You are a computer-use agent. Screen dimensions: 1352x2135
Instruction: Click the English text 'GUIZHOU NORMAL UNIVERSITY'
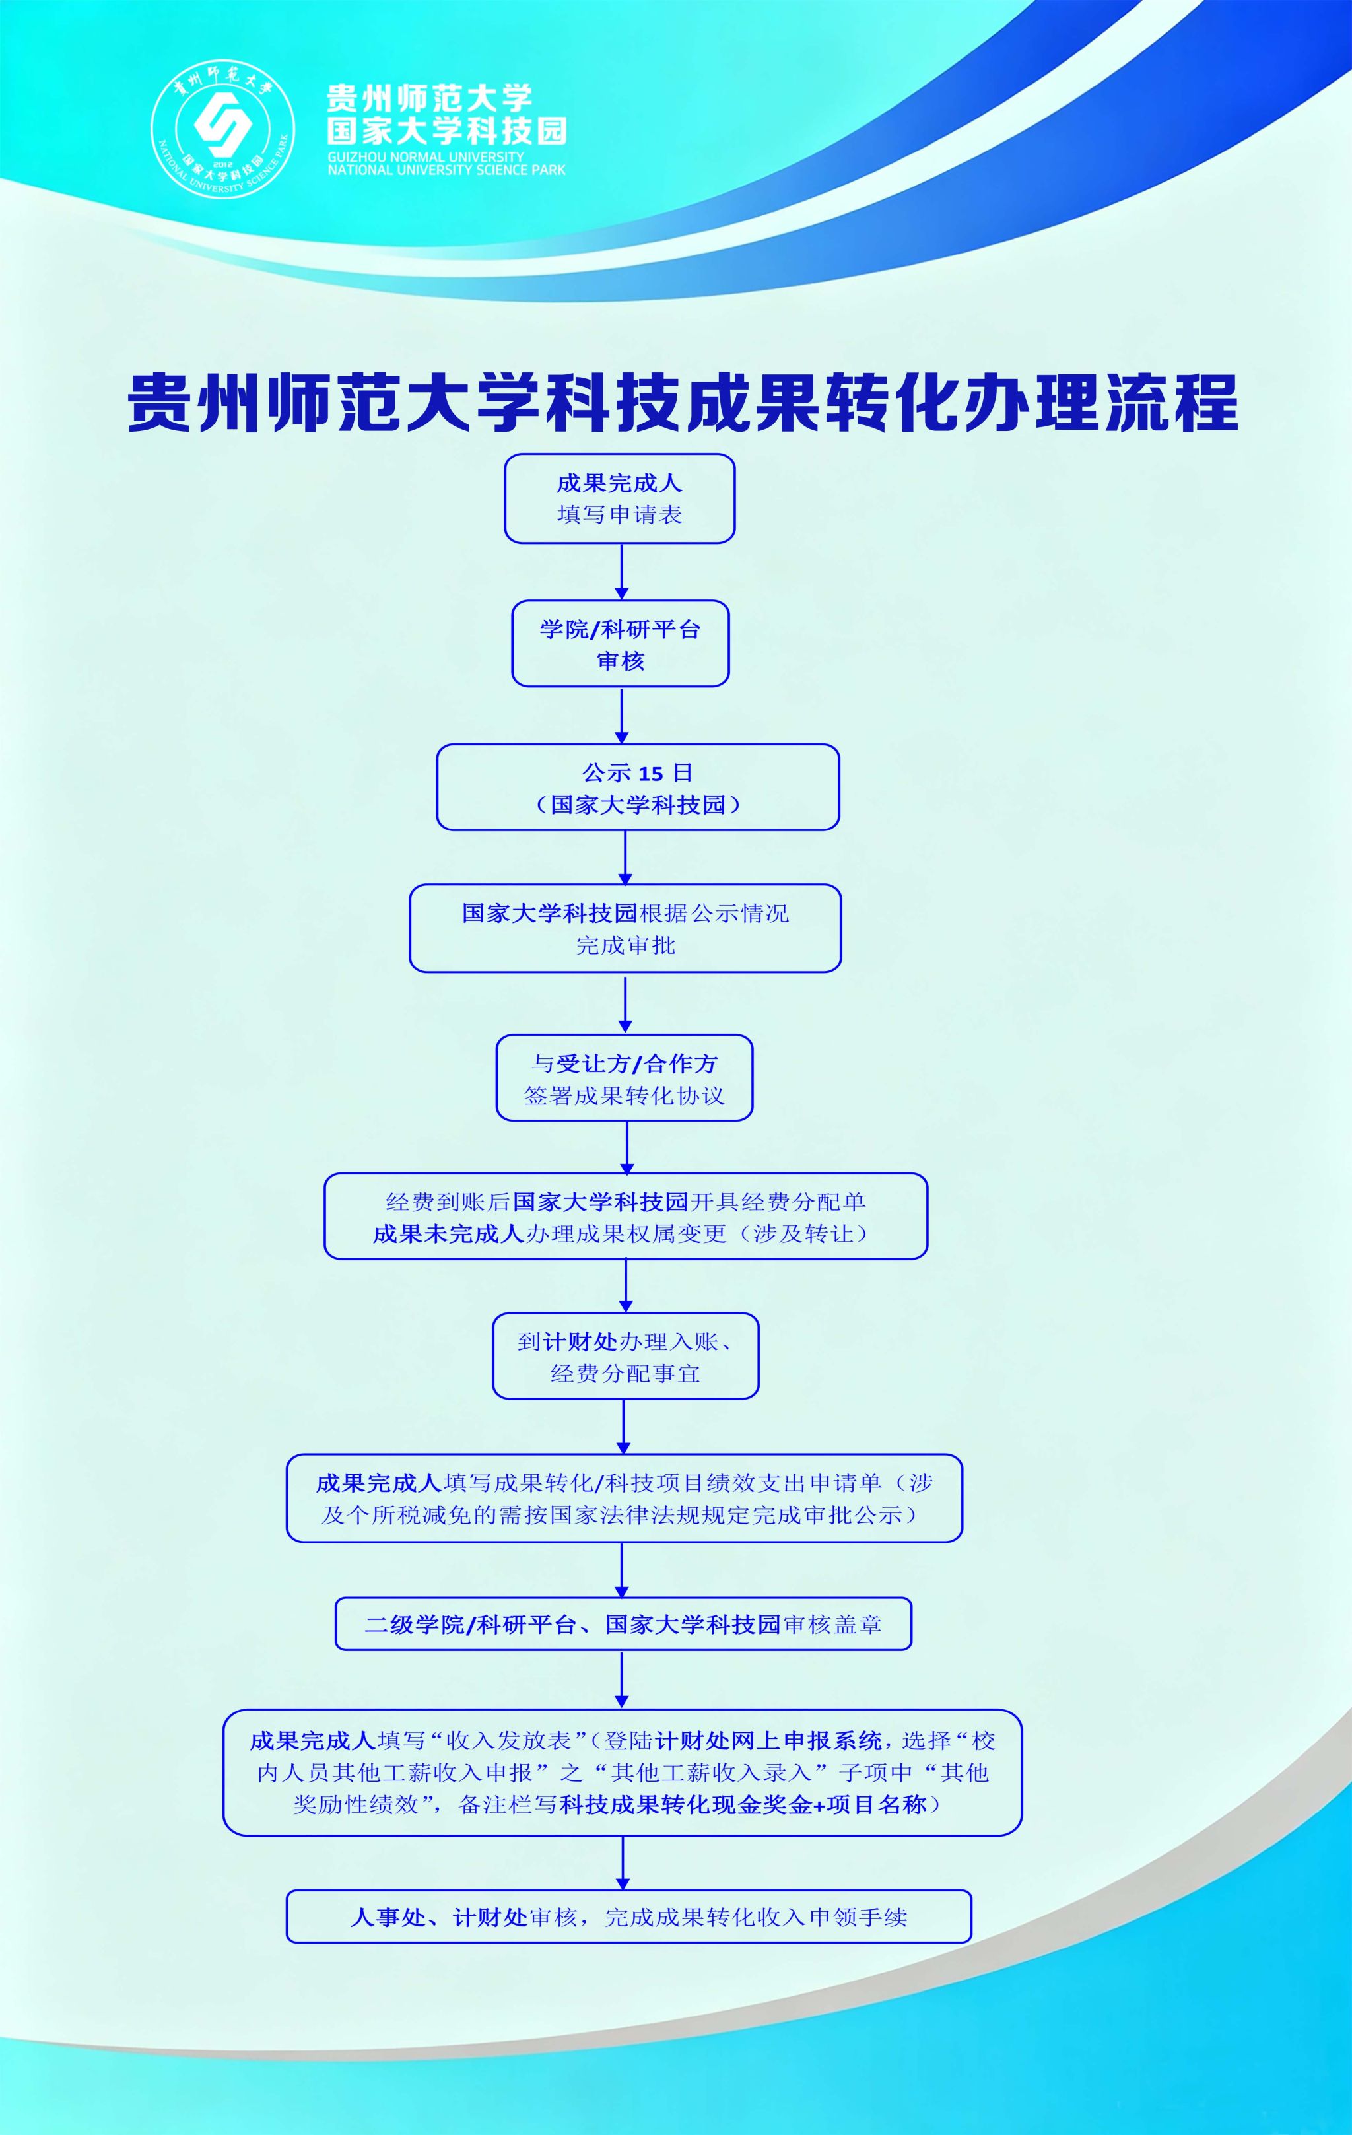click(426, 157)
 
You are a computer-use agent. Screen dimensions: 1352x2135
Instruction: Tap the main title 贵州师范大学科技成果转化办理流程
click(683, 403)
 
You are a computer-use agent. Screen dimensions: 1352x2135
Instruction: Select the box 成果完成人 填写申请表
click(620, 498)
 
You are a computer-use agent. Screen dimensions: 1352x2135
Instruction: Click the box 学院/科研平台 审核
click(620, 644)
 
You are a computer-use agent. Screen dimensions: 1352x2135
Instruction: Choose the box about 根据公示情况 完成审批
click(625, 928)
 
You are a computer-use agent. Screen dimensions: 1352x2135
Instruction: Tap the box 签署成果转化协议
click(624, 1077)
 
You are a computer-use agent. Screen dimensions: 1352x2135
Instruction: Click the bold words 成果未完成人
click(449, 1233)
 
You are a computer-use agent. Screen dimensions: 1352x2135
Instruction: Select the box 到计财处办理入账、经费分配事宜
click(625, 1357)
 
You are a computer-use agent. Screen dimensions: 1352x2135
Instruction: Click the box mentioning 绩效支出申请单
click(624, 1499)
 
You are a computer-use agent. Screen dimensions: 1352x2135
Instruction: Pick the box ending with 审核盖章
click(623, 1624)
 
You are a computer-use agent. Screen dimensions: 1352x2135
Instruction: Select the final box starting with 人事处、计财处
click(628, 1917)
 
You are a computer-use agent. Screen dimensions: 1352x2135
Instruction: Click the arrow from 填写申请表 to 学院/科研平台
click(621, 572)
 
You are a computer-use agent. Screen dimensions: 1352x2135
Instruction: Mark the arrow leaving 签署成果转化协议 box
click(626, 1147)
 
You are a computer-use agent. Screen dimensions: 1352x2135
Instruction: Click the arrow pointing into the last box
click(623, 1863)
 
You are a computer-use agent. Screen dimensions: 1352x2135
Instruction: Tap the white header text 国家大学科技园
click(447, 131)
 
